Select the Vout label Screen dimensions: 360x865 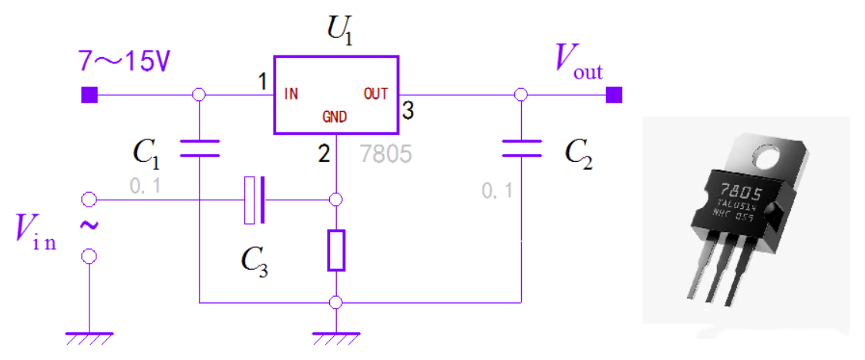579,62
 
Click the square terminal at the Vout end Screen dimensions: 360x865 614,95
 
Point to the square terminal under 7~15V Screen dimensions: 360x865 89,95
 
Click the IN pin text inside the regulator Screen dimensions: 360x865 291,95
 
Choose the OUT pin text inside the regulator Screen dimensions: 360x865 376,94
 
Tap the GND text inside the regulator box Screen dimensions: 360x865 335,117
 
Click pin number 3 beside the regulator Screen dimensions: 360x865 409,111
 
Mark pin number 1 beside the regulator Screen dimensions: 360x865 262,82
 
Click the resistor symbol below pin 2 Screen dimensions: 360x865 335,250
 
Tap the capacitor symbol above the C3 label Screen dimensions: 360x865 254,200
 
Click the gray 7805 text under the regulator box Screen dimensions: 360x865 385,154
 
